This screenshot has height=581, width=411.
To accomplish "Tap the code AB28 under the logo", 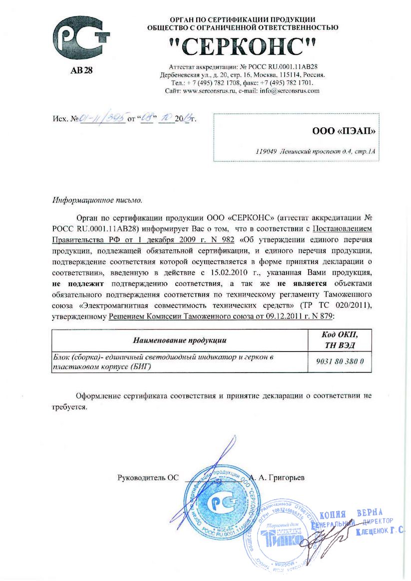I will tap(81, 70).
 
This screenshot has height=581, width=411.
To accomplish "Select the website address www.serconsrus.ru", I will tap(209, 91).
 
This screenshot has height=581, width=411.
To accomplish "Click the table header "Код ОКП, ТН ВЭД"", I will tap(340, 340).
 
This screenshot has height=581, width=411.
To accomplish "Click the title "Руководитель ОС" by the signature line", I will tap(148, 477).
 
